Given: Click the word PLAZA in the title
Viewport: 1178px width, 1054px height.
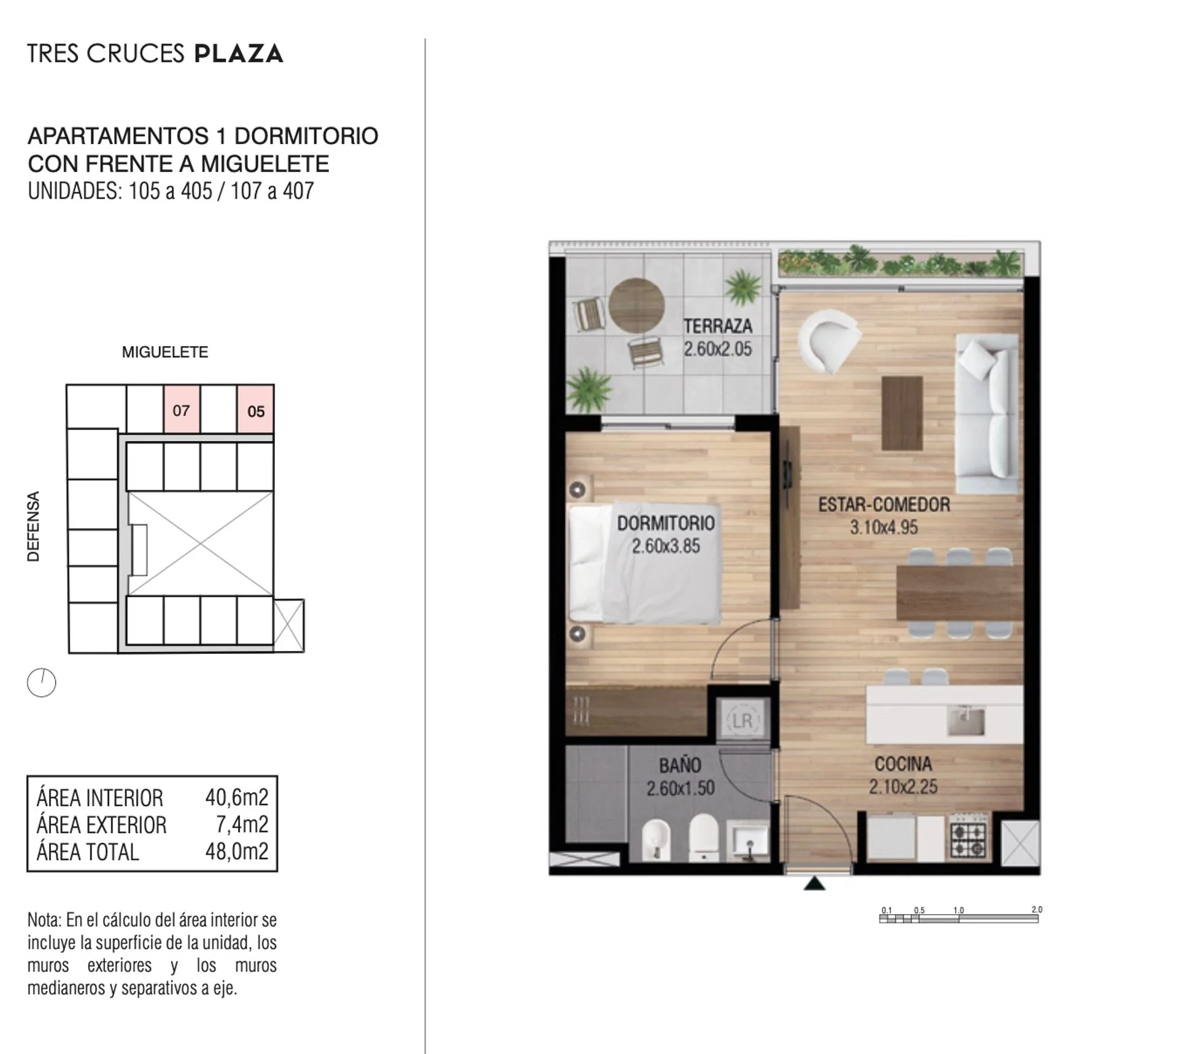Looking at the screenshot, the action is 239,53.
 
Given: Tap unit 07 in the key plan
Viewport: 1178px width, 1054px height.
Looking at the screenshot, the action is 182,409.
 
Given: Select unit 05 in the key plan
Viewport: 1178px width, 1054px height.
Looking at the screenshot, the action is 255,409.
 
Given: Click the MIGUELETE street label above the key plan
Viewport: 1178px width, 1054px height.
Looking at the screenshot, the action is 165,352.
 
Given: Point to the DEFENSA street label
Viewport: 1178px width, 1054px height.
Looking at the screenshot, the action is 34,526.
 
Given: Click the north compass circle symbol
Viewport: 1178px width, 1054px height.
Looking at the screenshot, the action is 42,682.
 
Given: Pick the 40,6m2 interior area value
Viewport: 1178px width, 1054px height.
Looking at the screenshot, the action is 237,797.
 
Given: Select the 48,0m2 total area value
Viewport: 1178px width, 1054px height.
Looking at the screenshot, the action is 237,851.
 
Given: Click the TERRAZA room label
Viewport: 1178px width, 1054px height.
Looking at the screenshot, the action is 718,326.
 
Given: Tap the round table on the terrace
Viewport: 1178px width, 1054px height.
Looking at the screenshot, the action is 636,306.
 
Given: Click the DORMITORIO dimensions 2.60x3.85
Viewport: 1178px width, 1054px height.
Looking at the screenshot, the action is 666,546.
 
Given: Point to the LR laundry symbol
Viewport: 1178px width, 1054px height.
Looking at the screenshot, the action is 742,721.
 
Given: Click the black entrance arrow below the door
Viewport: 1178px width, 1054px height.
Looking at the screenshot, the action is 815,883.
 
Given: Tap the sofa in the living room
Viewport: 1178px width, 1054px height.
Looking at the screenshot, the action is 987,414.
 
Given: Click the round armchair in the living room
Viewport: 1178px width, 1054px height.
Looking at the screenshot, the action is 828,340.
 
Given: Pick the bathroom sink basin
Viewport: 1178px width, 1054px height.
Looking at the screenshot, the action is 748,842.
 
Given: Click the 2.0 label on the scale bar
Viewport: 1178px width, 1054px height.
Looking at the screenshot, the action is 1037,909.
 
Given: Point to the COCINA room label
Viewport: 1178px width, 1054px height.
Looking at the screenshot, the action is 903,764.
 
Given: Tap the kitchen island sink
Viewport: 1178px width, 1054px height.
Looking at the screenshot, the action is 965,721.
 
